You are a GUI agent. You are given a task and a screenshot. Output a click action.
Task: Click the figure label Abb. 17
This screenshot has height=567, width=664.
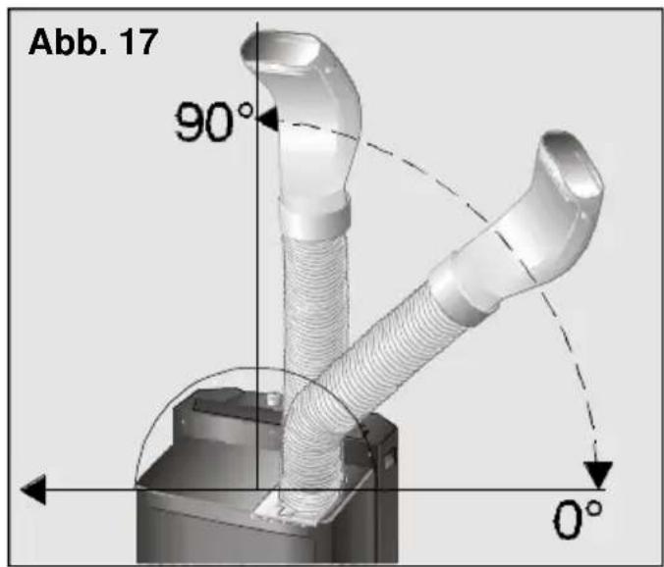point(93,42)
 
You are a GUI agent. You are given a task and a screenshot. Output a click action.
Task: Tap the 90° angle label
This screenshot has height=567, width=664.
point(214,122)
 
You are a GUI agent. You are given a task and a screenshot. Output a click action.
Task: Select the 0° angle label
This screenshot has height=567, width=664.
point(578,518)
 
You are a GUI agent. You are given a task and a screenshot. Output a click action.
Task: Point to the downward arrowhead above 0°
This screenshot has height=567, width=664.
point(598,475)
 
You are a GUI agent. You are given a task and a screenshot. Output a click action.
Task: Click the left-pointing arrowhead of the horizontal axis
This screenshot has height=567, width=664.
point(33,490)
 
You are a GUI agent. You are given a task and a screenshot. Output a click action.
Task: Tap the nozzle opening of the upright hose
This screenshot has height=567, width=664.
point(280,50)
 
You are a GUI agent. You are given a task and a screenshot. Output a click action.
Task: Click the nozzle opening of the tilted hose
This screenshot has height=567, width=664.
point(573,164)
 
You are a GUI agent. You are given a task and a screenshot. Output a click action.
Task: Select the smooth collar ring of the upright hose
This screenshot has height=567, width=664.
point(315,217)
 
